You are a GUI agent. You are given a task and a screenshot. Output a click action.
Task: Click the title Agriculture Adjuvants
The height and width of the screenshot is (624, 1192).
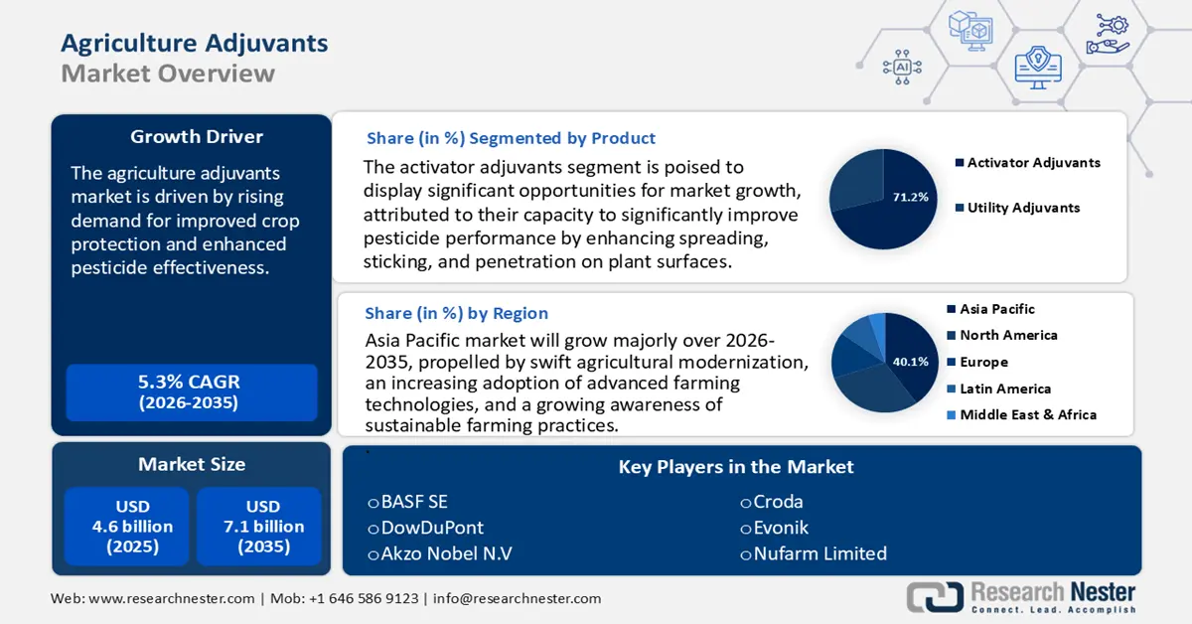(x=194, y=43)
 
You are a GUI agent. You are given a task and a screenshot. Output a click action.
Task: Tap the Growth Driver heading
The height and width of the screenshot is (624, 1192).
(x=197, y=137)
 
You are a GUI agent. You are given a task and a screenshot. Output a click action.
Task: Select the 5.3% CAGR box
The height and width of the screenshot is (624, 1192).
(x=190, y=391)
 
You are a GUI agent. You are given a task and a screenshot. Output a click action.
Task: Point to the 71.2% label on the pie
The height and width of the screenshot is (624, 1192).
(x=910, y=197)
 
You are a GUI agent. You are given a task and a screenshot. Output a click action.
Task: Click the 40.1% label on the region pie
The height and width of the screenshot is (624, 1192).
(x=910, y=362)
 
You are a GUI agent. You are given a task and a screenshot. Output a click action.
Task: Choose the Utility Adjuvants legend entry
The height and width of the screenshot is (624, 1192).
(x=1023, y=208)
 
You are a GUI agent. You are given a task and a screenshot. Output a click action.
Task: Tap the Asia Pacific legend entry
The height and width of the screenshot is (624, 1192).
(x=996, y=309)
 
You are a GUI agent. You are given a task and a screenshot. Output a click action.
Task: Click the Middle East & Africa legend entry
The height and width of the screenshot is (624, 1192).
(x=1027, y=414)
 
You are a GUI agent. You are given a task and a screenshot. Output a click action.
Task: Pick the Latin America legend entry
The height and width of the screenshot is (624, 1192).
(x=1004, y=389)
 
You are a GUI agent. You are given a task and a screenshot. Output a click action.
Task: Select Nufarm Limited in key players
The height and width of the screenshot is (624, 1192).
(x=819, y=553)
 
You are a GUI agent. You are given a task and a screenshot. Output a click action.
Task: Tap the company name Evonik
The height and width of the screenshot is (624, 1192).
(x=781, y=528)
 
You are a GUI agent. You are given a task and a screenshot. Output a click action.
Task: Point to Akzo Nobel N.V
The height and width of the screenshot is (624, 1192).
(x=446, y=553)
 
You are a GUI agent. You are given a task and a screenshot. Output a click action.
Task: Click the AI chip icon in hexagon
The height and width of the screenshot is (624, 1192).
(x=902, y=67)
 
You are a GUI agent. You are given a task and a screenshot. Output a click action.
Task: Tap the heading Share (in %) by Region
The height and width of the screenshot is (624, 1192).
(x=456, y=314)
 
